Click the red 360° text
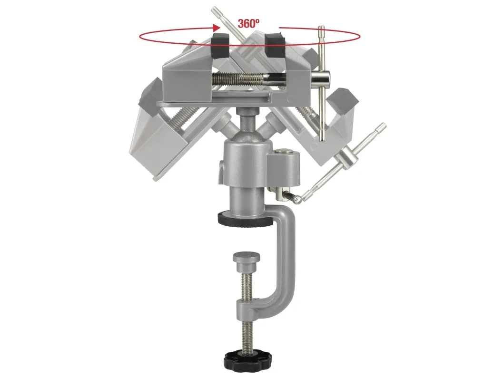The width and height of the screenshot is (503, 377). coord(248,23)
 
